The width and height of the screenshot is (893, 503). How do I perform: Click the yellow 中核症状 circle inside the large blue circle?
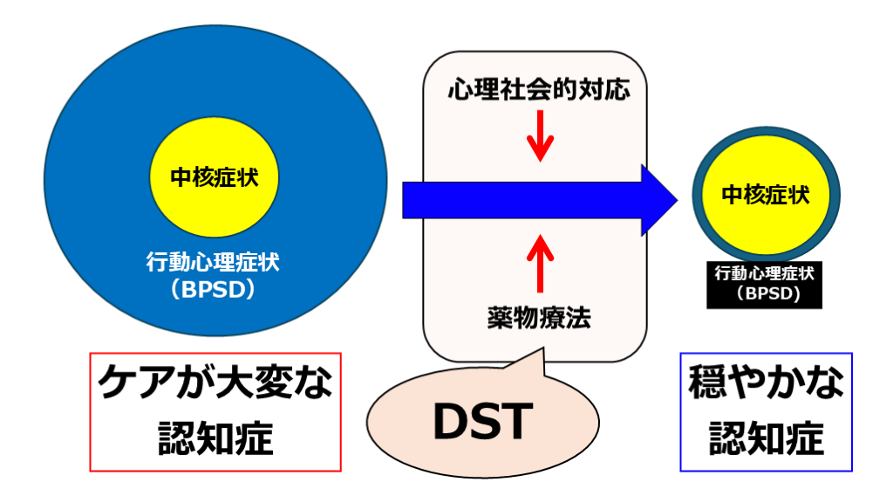point(214,176)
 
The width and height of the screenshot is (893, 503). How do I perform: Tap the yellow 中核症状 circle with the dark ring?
point(766,195)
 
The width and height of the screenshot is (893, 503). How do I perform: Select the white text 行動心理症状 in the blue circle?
point(214,261)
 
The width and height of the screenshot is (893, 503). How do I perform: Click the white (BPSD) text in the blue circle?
point(214,288)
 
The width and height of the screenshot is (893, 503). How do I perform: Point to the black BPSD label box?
point(766,284)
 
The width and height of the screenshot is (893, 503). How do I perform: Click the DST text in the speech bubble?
point(481,423)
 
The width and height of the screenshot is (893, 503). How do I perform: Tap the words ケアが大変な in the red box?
point(215,385)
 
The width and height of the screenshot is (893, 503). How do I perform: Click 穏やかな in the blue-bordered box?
point(766,385)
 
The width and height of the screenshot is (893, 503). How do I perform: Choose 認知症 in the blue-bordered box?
point(766,438)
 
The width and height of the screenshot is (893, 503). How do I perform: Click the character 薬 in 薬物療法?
point(500,318)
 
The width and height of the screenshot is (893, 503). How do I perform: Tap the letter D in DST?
point(452,423)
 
